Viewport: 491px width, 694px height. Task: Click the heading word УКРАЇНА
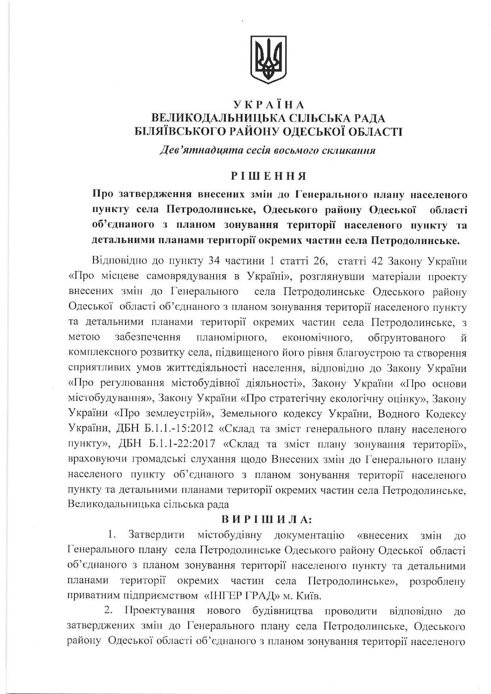coord(268,105)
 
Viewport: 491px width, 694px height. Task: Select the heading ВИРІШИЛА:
coord(268,519)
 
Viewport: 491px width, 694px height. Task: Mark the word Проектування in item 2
coord(160,611)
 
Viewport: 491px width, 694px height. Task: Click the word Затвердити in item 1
coord(156,535)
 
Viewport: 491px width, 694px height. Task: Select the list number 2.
coord(108,611)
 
